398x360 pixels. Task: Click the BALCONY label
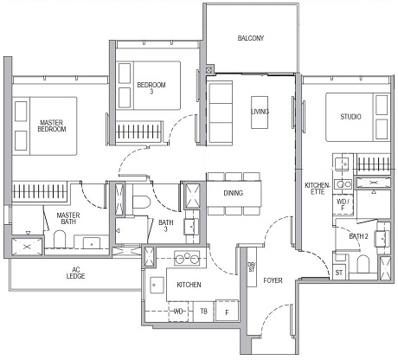tap(251, 38)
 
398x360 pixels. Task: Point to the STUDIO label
tap(350, 116)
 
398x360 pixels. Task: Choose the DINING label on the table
tap(233, 193)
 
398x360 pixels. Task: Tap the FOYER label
tap(273, 280)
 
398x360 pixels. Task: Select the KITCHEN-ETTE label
tap(316, 190)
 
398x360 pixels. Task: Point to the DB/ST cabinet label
tap(252, 268)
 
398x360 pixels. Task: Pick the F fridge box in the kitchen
tap(228, 311)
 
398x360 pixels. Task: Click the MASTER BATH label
tap(68, 219)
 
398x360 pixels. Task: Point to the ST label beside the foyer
tap(338, 273)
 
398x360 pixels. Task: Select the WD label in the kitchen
tap(178, 311)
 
